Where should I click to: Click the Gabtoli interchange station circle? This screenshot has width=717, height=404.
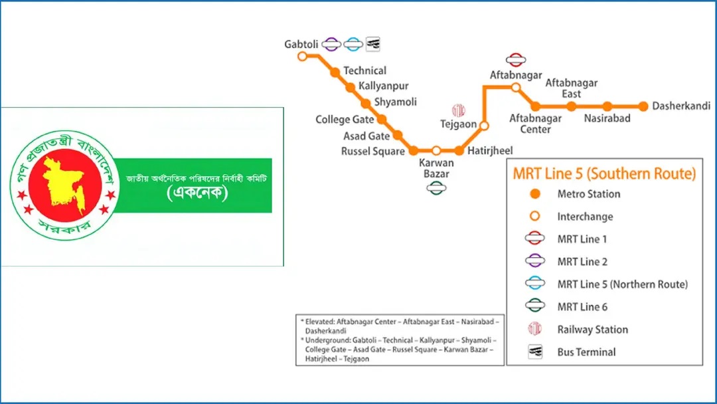click(302, 56)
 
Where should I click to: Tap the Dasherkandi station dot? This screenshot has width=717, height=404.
click(643, 106)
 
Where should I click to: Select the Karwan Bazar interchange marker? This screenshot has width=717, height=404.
click(436, 151)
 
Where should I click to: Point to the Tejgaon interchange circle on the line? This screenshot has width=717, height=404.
click(484, 126)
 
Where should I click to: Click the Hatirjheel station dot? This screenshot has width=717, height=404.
click(459, 151)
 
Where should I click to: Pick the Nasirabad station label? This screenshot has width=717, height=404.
click(607, 118)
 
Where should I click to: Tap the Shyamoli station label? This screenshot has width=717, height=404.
click(396, 102)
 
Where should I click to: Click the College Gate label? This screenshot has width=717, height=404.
click(345, 120)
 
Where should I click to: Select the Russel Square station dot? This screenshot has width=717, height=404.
click(414, 151)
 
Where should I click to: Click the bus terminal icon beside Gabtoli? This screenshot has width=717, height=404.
click(373, 44)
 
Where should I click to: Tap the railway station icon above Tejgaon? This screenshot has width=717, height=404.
click(458, 110)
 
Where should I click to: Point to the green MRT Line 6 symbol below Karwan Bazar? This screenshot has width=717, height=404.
click(436, 188)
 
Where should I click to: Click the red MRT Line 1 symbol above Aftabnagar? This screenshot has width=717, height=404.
click(516, 60)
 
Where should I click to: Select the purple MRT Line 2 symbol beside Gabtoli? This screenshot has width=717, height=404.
click(331, 45)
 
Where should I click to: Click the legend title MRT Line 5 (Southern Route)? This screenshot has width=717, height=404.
click(604, 174)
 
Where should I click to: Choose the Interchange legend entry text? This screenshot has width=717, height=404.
click(585, 217)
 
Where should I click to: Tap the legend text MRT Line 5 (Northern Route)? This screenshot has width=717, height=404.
click(622, 284)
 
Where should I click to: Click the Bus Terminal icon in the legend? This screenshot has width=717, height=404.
click(535, 352)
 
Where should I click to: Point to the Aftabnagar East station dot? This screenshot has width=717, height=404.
click(572, 106)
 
